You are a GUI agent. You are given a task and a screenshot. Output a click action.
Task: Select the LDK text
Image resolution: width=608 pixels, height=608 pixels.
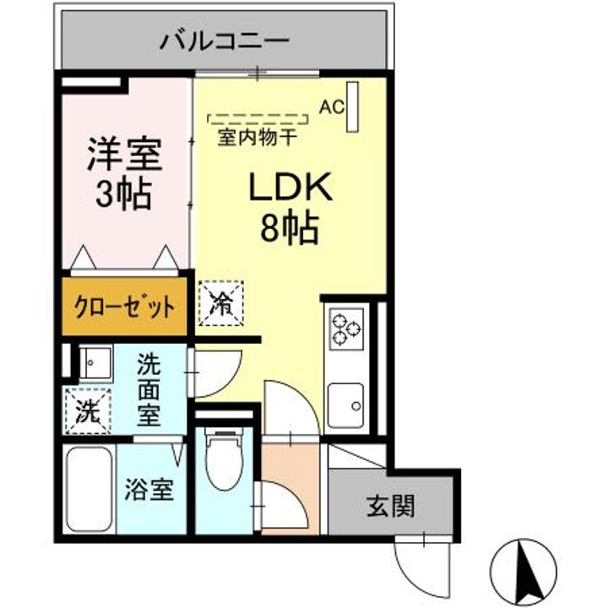coord(291,188)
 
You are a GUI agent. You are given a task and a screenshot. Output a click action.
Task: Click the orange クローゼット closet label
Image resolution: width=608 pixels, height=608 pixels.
coord(124,306)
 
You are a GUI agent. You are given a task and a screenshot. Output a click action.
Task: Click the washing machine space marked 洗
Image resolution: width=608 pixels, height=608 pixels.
coord(89,412)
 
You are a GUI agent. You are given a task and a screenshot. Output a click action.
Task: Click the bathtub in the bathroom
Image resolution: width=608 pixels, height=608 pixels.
coord(90,490)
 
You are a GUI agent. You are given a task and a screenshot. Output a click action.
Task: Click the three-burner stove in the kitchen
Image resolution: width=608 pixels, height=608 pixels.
coord(346,328)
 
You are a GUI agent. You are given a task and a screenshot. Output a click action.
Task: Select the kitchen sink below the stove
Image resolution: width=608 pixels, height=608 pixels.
coord(346,405)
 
